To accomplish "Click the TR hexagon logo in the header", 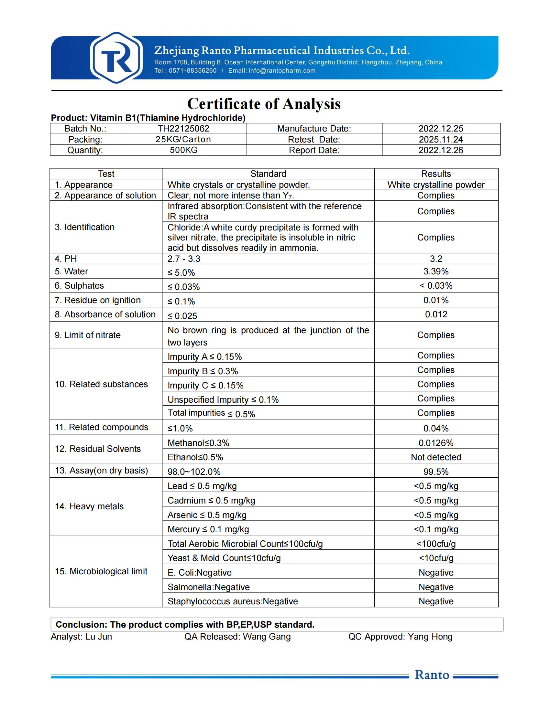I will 116,58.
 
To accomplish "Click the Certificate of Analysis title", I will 264,104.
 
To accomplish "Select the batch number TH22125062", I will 184,129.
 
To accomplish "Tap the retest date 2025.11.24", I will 441,140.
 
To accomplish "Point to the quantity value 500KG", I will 184,150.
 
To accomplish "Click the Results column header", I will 436,174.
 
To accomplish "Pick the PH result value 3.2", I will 436,259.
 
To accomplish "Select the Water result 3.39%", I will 436,271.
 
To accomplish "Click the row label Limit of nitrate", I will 88,335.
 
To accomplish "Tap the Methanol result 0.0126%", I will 436,443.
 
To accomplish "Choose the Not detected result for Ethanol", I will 436,457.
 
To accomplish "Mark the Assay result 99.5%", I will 436,472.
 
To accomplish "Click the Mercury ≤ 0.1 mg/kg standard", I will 208,529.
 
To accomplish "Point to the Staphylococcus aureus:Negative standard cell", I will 233,601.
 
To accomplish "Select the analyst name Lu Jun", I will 99,637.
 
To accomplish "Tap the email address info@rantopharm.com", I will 282,71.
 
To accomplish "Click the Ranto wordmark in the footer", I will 432,675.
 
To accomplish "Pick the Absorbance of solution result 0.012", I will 436,314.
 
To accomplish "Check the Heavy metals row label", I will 89,506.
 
